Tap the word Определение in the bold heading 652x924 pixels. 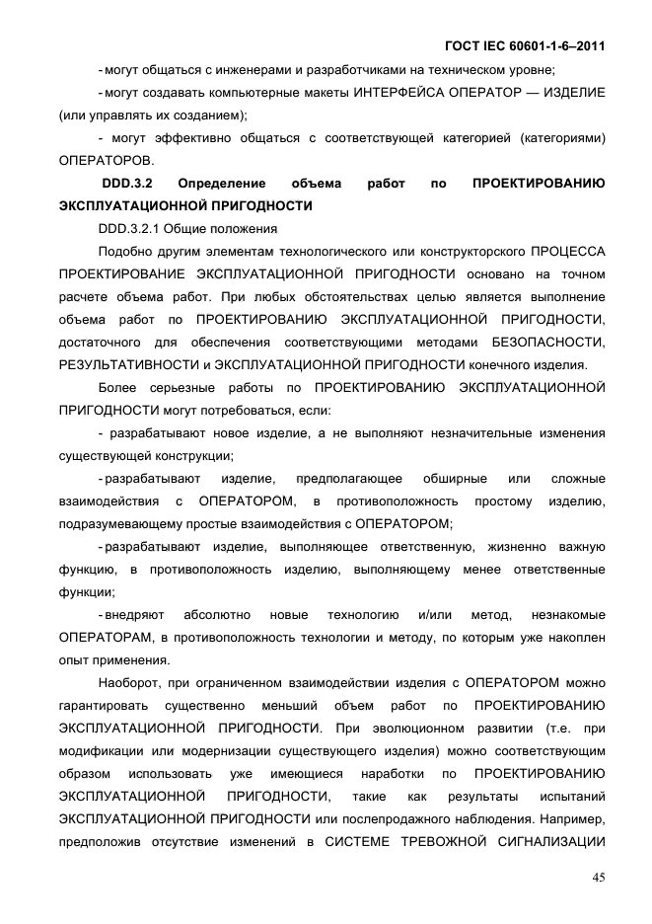231,184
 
